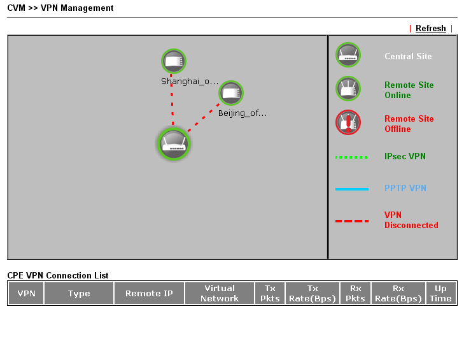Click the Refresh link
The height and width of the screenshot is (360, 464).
coord(430,28)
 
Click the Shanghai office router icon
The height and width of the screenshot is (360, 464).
coord(174,61)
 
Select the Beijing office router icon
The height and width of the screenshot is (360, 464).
coord(231,93)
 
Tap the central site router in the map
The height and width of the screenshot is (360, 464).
coord(173,144)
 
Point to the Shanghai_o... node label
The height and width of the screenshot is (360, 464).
coord(190,81)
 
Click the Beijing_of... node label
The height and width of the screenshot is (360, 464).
coord(243,113)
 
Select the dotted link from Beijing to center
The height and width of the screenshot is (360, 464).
coord(204,118)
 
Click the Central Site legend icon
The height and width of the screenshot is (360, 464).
coord(348,55)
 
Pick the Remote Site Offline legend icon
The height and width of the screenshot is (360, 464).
coord(348,122)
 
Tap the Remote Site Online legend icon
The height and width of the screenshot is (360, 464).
coord(348,89)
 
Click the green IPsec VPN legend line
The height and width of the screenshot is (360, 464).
coord(351,157)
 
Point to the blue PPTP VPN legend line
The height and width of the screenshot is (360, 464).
coord(352,189)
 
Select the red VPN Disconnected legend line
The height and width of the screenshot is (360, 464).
coord(352,221)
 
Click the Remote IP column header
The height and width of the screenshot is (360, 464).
coord(149,293)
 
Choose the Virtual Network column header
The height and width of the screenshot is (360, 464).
coord(220,293)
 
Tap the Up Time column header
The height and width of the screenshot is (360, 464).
coord(440,293)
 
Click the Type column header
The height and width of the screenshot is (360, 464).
coord(79,293)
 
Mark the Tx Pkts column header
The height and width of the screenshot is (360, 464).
coord(270,293)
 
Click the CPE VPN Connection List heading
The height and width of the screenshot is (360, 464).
coord(58,275)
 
